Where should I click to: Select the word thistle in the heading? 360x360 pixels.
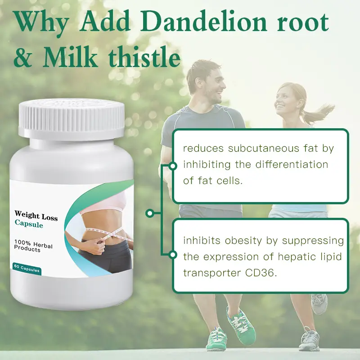click(x=144, y=57)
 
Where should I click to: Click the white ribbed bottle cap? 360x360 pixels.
click(x=72, y=119)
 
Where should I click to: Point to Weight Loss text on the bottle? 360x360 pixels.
click(x=36, y=216)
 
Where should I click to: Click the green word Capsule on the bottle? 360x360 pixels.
click(x=29, y=224)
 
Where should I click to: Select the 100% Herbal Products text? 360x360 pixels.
click(x=33, y=246)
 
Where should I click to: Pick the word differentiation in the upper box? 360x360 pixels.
click(x=292, y=164)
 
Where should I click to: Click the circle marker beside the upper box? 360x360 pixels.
click(x=173, y=166)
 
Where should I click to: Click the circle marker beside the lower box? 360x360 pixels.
click(x=173, y=255)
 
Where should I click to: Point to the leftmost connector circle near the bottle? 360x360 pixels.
click(x=150, y=213)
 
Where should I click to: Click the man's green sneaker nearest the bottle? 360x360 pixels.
click(x=216, y=339)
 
